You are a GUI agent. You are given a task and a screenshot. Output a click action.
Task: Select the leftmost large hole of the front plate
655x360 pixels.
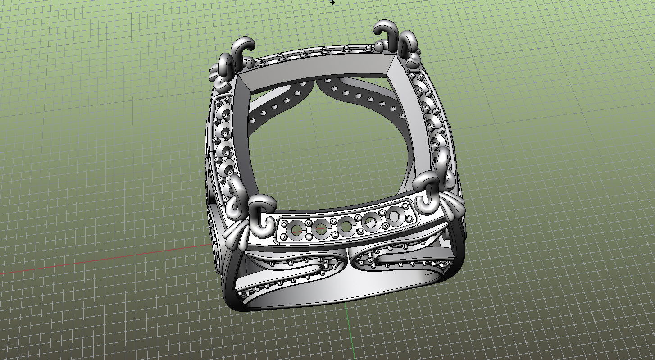[296, 230]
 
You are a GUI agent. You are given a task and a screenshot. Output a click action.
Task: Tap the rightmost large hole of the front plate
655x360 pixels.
[394, 216]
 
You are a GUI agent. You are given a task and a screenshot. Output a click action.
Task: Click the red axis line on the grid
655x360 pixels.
[90, 262]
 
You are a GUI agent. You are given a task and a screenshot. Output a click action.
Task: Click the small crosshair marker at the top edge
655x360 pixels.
[333, 2]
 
